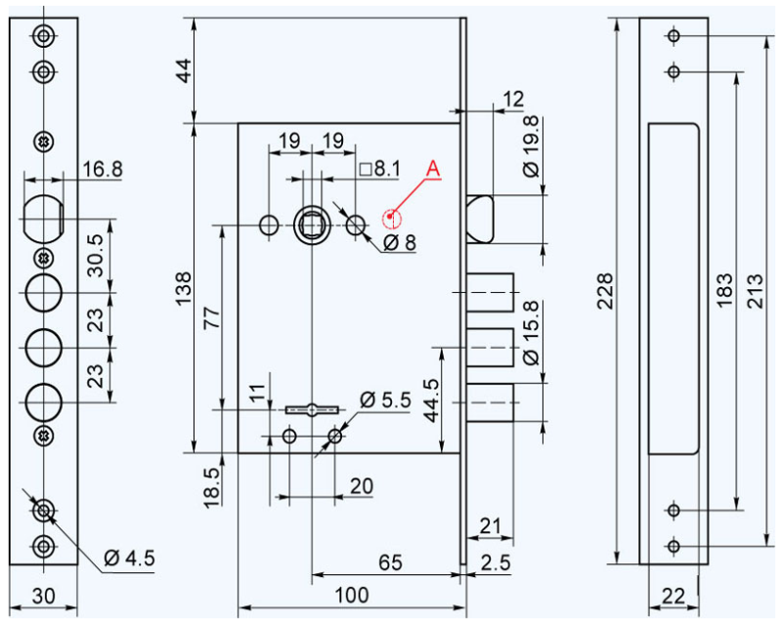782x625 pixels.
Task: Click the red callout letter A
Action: tap(433, 169)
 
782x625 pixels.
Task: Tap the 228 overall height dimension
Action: tap(604, 291)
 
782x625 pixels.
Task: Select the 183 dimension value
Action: tap(724, 291)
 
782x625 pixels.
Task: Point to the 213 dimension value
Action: tap(755, 291)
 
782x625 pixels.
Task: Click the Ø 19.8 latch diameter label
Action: tap(531, 146)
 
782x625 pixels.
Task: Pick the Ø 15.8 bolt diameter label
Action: tap(531, 332)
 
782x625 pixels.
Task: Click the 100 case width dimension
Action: tap(352, 595)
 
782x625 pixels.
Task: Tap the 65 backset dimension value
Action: tap(390, 562)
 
